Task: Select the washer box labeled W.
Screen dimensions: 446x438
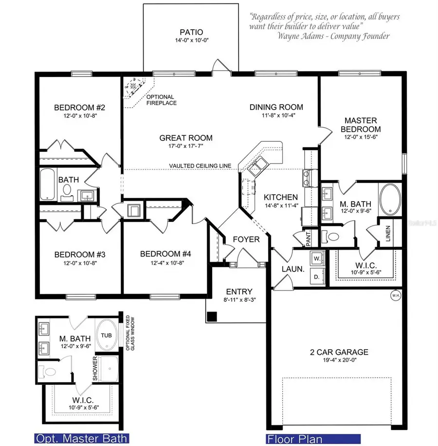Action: [x=316, y=257]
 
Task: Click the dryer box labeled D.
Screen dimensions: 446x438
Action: [x=316, y=276]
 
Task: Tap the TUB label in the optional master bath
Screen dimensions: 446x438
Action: [x=106, y=335]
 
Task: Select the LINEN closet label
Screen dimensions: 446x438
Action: [x=388, y=234]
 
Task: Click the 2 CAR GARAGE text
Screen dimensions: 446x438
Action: [x=339, y=352]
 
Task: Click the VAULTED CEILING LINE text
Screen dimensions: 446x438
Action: [x=200, y=166]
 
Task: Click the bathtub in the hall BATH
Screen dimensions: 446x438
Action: [x=48, y=185]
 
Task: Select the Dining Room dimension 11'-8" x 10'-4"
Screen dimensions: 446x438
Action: [x=276, y=116]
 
